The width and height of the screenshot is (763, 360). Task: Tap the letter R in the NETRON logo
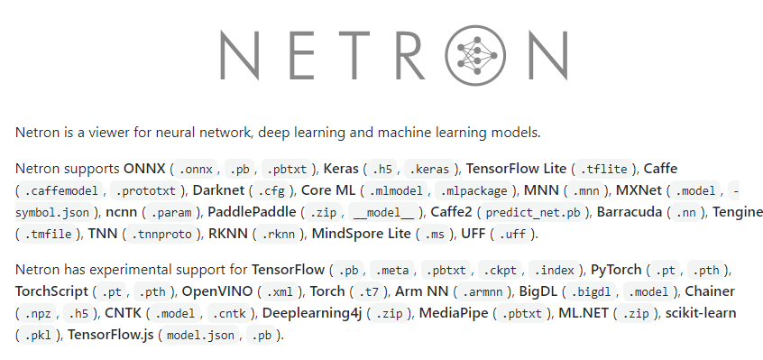(x=408, y=52)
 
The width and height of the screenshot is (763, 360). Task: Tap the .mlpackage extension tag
(x=474, y=190)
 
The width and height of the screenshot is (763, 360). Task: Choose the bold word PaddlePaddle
(x=252, y=212)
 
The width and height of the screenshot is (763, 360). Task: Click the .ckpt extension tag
(x=499, y=270)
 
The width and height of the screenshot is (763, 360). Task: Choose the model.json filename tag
(x=201, y=335)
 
